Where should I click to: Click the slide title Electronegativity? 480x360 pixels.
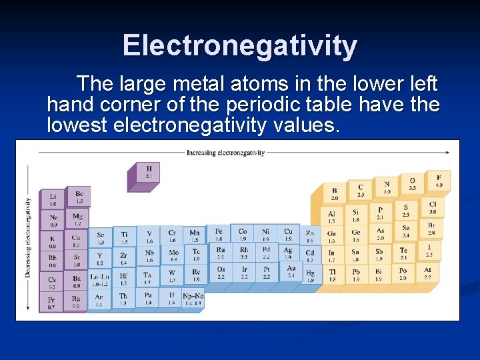click(240, 45)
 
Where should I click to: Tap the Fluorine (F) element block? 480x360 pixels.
click(439, 181)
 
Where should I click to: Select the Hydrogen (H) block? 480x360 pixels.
click(148, 172)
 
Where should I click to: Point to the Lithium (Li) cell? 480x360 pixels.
click(53, 199)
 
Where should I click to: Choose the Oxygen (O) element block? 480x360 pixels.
click(412, 184)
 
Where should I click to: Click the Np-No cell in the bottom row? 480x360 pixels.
click(193, 299)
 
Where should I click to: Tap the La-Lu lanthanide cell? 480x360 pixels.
click(100, 279)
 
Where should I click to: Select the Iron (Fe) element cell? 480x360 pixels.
click(219, 235)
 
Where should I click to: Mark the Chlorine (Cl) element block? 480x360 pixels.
click(432, 207)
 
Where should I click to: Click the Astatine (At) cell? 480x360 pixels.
click(427, 273)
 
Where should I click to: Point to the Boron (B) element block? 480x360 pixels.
click(335, 194)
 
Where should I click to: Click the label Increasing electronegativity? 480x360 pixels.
click(225, 152)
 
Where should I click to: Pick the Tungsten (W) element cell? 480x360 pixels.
click(171, 275)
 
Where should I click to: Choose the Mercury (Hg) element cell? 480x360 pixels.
click(311, 275)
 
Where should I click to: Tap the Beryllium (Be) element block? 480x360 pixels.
click(79, 197)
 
